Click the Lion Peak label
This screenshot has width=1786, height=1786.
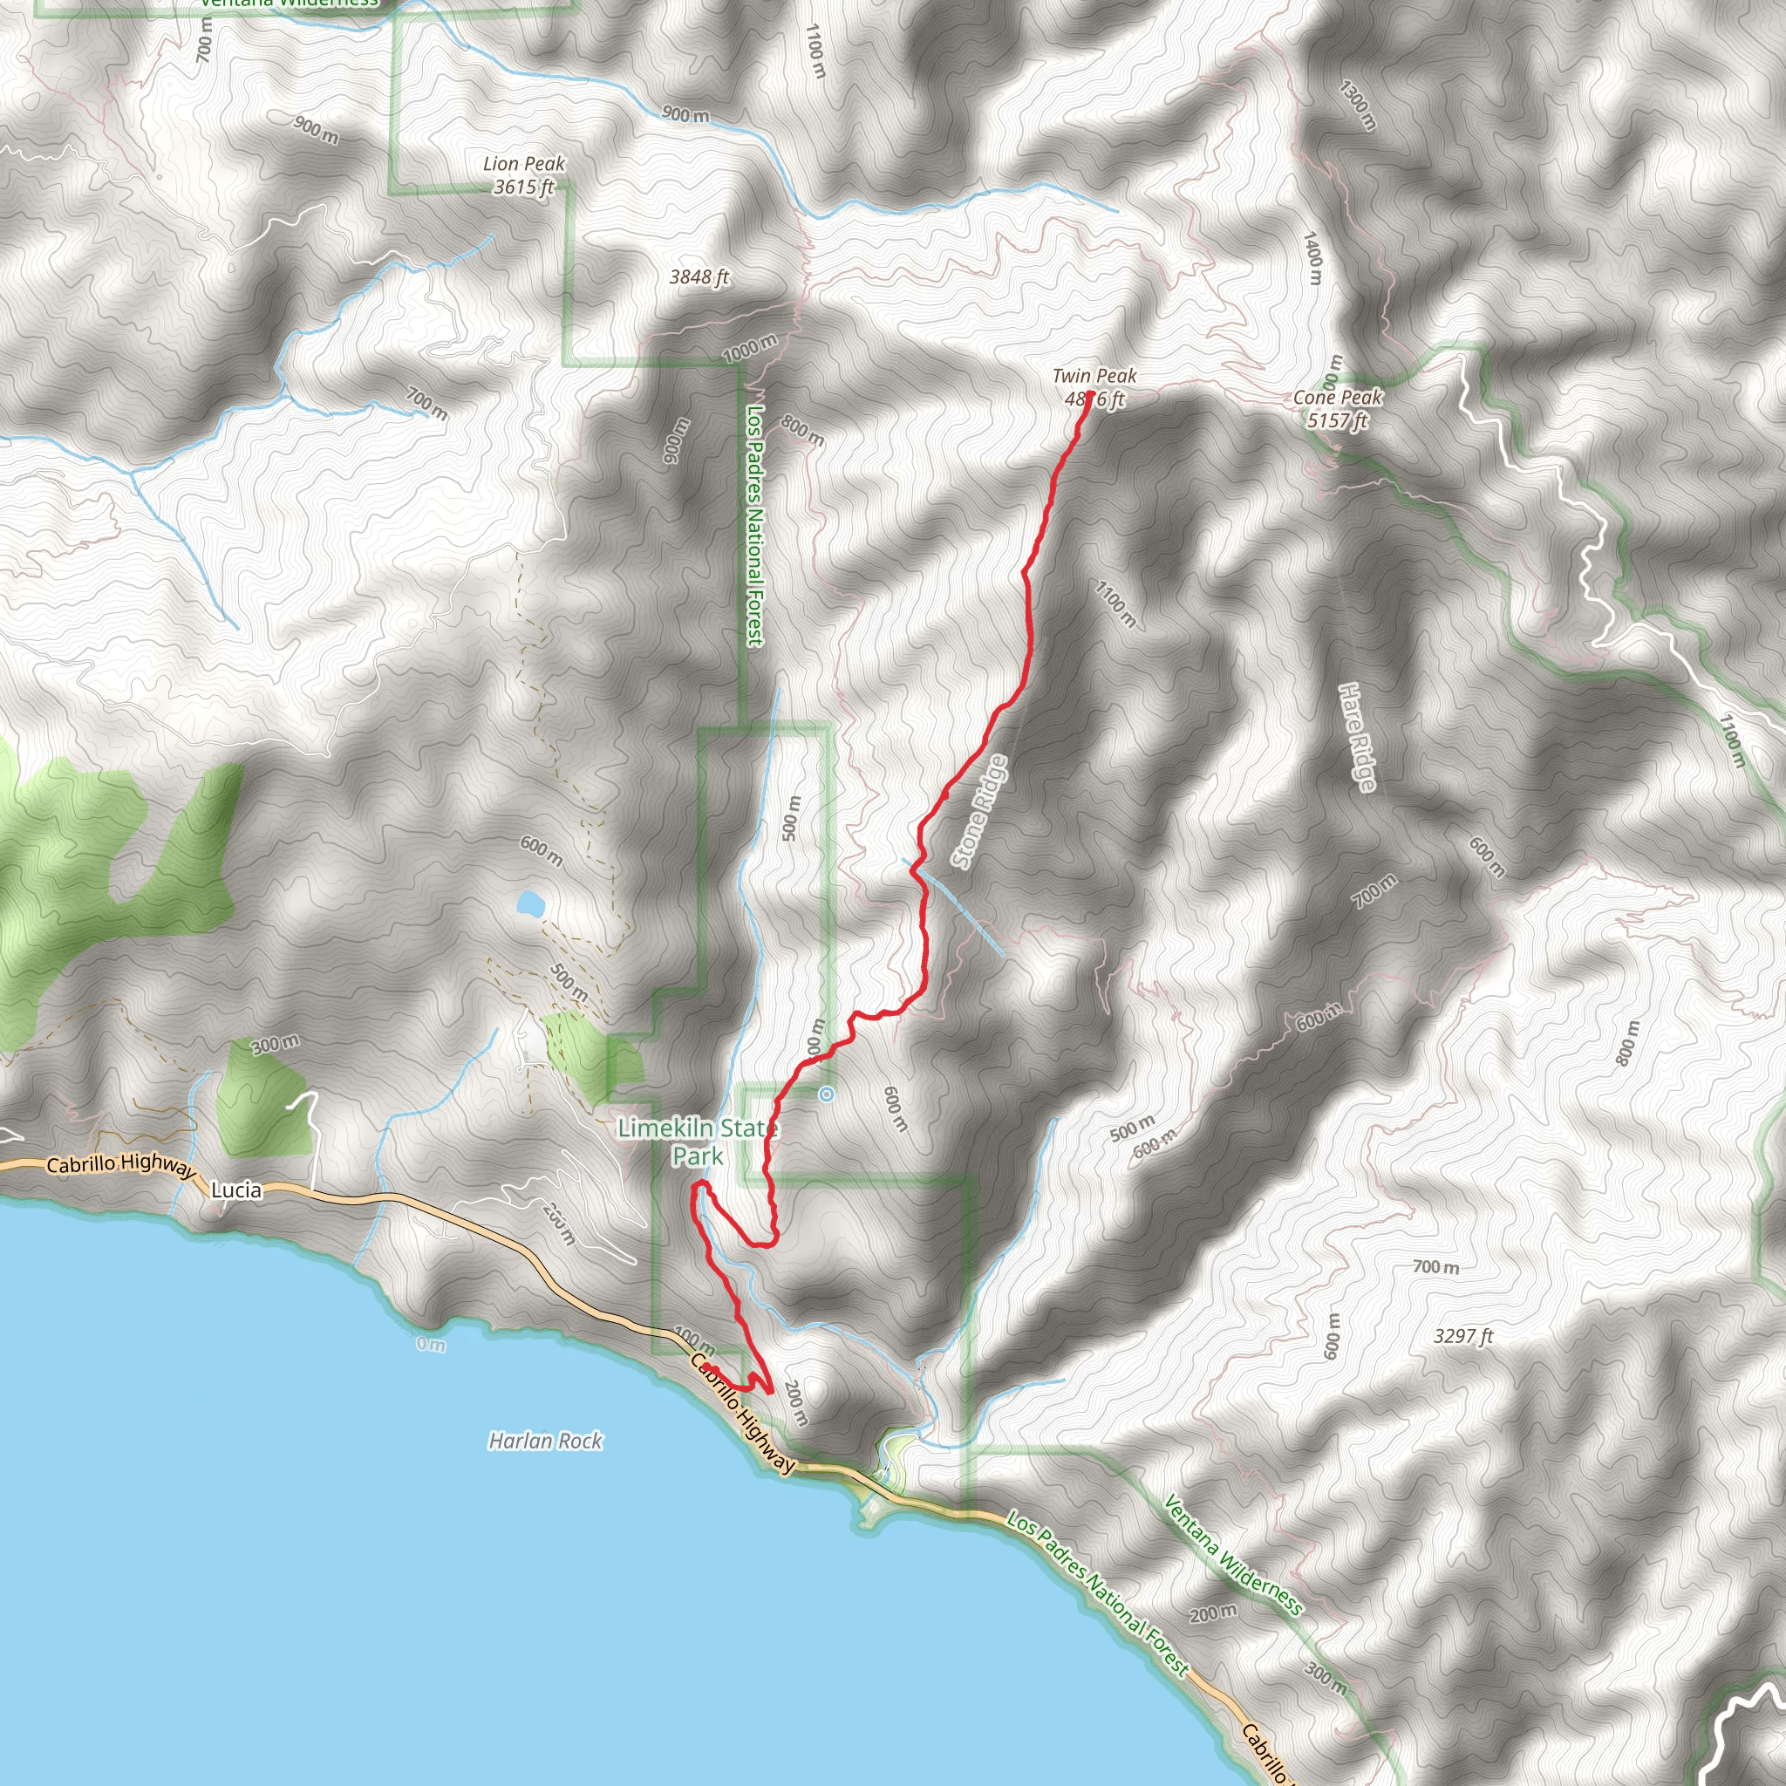[523, 165]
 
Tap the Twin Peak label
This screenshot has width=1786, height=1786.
[1094, 376]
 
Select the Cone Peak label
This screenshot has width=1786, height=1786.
[1337, 398]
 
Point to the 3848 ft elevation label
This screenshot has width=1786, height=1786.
[699, 276]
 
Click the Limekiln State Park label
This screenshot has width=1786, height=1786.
[698, 1142]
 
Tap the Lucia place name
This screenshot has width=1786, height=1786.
[236, 1190]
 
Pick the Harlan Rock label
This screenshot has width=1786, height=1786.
[545, 1441]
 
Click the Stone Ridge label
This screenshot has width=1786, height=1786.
[980, 813]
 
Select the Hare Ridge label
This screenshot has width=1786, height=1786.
[1356, 737]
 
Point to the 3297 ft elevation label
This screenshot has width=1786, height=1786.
[1463, 1336]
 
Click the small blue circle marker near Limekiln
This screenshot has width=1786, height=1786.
[827, 1094]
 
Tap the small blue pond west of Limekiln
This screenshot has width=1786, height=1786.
[529, 903]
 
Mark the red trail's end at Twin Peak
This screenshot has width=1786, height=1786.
[1091, 396]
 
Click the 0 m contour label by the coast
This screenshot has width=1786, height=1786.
[431, 1344]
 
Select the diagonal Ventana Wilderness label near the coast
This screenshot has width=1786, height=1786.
[1232, 1556]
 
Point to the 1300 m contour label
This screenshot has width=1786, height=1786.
[1357, 105]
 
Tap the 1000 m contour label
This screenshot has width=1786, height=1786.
[750, 349]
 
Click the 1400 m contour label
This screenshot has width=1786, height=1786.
[1312, 258]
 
